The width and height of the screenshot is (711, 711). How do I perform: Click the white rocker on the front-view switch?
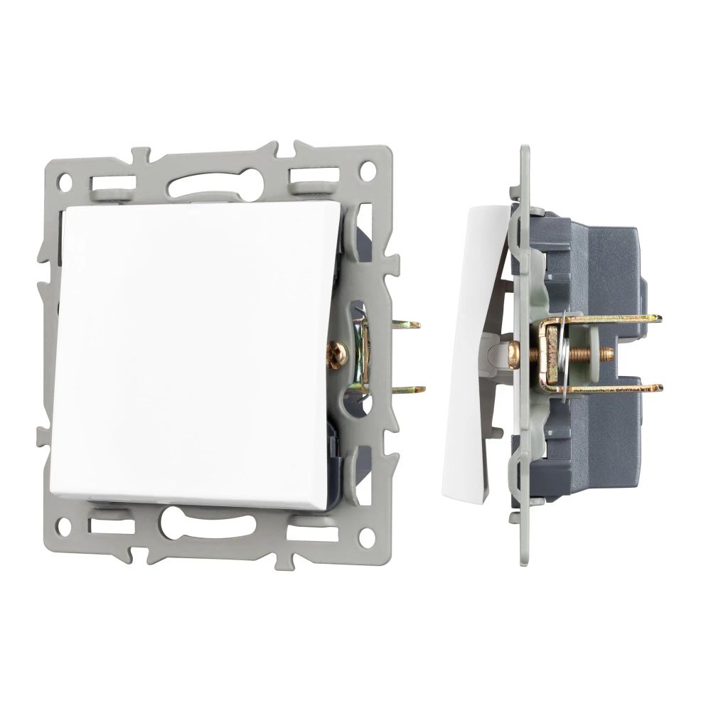pos(192,352)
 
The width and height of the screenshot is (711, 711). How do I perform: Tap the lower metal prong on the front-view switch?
pos(411,390)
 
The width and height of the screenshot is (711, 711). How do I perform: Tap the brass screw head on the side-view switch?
pos(514,353)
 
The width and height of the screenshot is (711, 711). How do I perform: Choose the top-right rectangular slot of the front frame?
pos(313,173)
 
